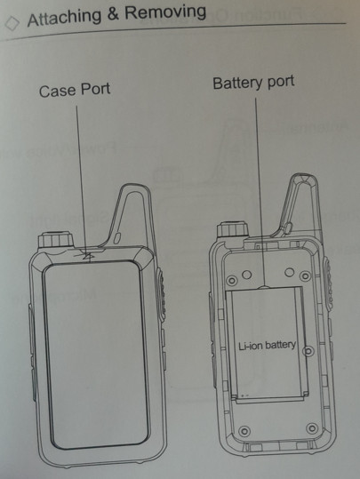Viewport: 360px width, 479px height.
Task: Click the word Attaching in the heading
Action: tap(64, 18)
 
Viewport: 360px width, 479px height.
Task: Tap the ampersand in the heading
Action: tap(113, 14)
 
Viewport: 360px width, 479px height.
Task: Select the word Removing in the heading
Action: tap(165, 12)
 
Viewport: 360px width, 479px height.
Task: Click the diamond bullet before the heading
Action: tap(12, 23)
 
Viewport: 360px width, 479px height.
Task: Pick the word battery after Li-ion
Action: tap(281, 346)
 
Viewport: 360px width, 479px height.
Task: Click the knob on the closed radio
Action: tap(56, 240)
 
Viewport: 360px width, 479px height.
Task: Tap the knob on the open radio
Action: tap(233, 229)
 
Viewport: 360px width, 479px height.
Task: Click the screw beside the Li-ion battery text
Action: tap(308, 351)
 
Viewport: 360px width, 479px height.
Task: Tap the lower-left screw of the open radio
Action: tap(244, 431)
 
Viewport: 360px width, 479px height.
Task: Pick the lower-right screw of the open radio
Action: tap(312, 428)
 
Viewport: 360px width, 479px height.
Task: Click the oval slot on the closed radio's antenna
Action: tap(117, 238)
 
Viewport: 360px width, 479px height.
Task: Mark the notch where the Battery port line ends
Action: tap(265, 287)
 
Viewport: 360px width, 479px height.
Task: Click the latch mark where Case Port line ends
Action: tap(87, 256)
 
